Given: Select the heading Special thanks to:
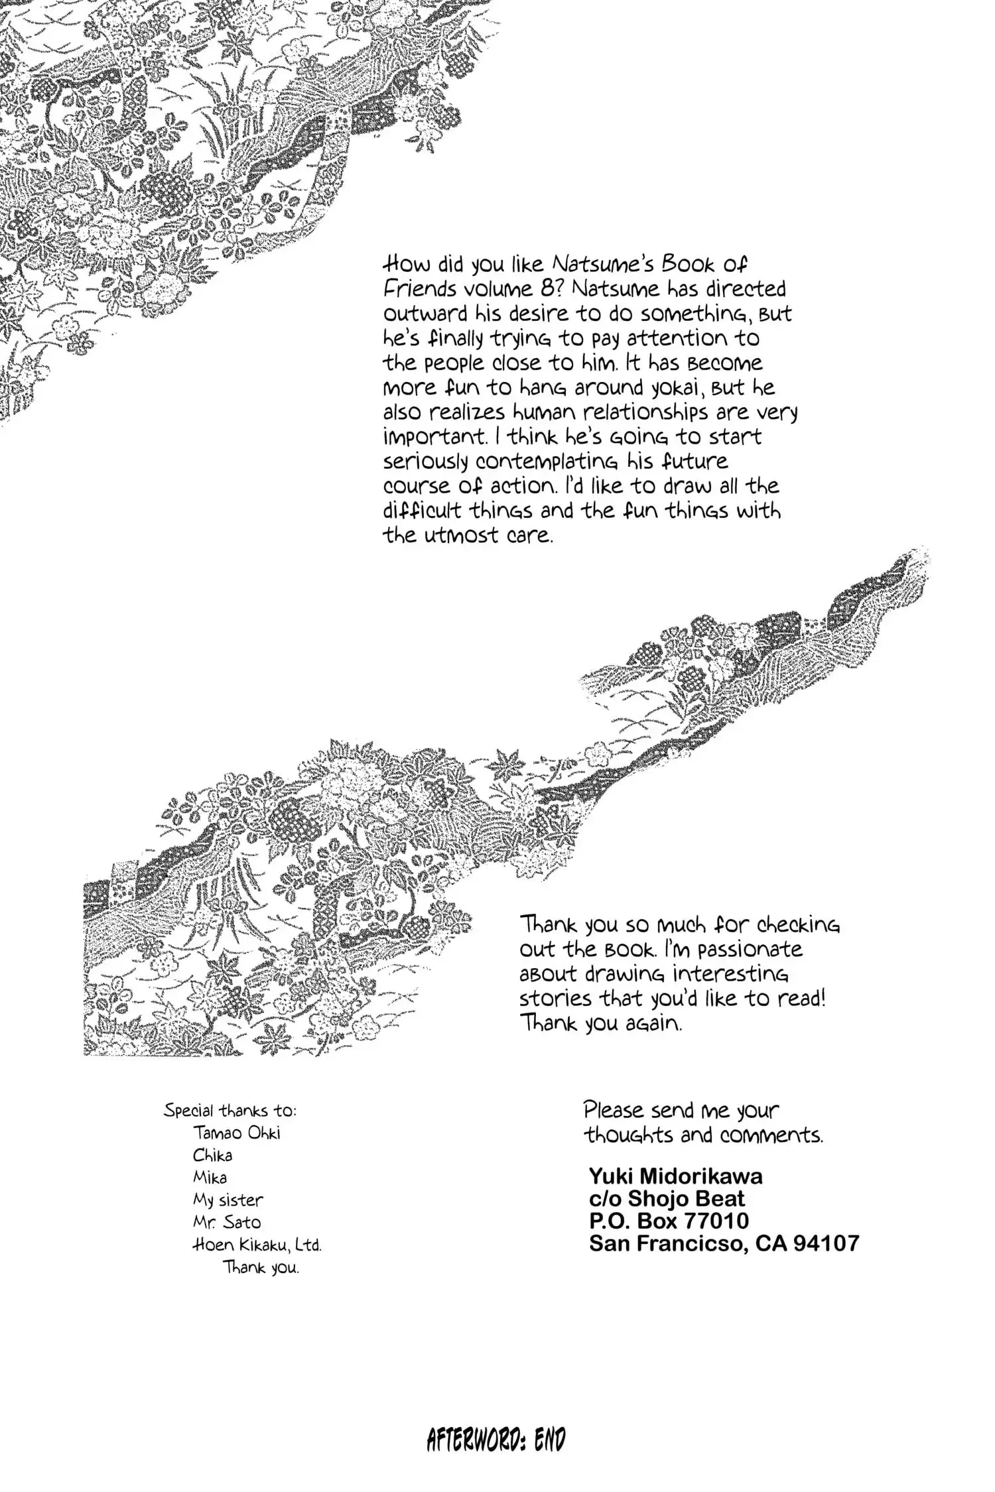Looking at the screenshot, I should point(230,1110).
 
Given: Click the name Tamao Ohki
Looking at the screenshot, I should point(237,1133).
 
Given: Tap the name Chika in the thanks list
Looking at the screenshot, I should point(212,1155).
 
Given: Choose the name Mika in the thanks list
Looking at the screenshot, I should point(210,1178).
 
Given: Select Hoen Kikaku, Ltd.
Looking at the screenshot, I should point(257,1245).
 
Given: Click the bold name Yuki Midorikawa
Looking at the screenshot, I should point(675,1176).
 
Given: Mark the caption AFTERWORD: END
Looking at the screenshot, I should point(496,1440).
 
